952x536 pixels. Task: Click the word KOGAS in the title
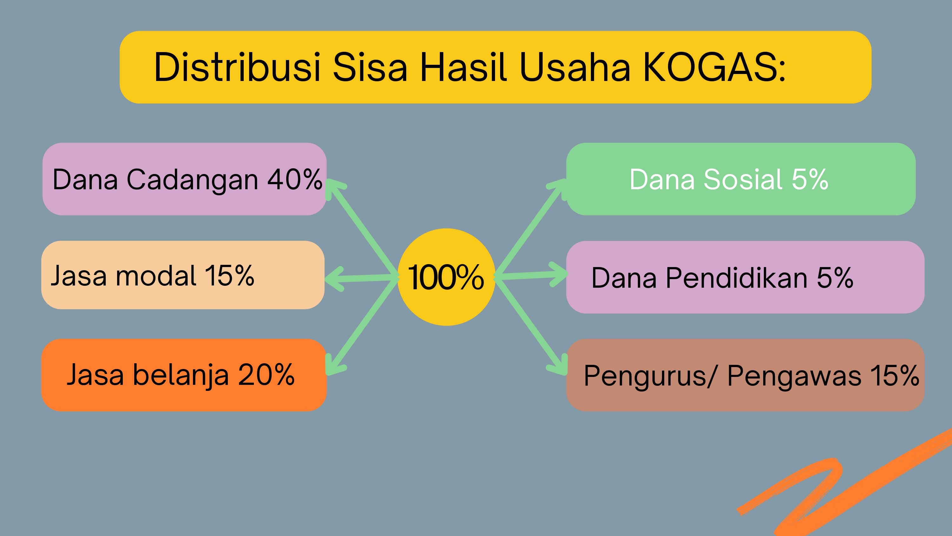(x=714, y=67)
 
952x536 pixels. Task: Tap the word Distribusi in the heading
(x=237, y=67)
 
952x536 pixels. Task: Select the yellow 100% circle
(x=446, y=277)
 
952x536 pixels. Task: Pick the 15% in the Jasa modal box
(x=229, y=276)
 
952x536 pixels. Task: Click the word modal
(x=156, y=276)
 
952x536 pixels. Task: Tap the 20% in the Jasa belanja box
(x=266, y=374)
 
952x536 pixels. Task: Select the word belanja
(x=181, y=375)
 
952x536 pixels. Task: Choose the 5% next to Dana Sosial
(x=810, y=179)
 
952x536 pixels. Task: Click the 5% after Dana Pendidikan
(x=835, y=278)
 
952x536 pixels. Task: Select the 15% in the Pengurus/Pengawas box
(x=895, y=375)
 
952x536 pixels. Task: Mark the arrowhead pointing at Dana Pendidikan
(x=558, y=274)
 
